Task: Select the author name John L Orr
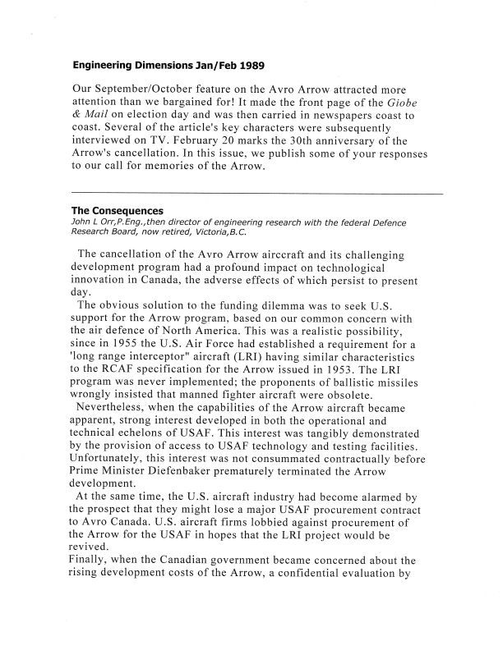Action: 95,222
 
